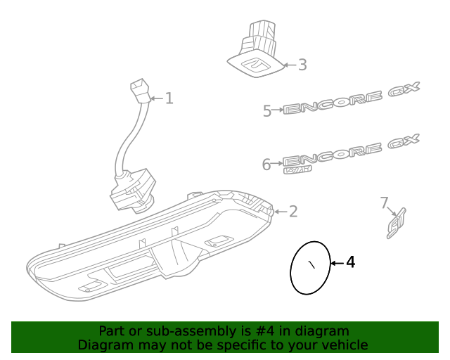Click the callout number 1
click(169, 98)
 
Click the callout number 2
click(293, 211)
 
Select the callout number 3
click(302, 65)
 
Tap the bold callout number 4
click(350, 263)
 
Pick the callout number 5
click(267, 110)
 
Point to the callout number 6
click(266, 165)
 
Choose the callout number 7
click(384, 203)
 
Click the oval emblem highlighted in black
click(310, 268)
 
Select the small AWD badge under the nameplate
click(297, 169)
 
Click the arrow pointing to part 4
click(336, 263)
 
